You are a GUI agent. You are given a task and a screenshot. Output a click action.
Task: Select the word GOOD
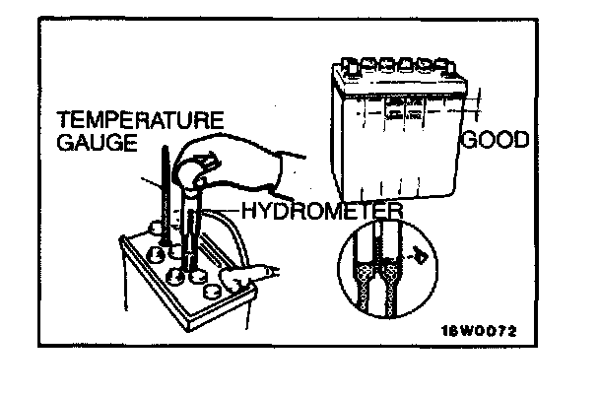pyautogui.click(x=496, y=140)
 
